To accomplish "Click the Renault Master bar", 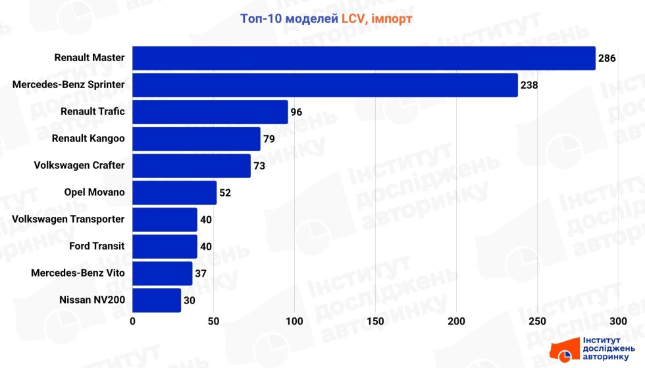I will click(x=363, y=58).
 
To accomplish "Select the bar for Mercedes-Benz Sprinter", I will click(x=325, y=85).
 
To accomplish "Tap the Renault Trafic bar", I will click(x=210, y=112).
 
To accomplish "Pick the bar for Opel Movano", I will click(x=174, y=193).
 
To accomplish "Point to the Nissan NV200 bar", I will click(x=157, y=300).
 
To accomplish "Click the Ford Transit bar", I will click(x=165, y=246).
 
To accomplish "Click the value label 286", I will click(x=607, y=58).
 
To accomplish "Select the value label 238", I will click(x=529, y=85).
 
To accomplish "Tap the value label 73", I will click(x=259, y=166).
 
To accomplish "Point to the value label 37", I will click(x=201, y=273).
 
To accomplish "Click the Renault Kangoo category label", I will click(x=88, y=139).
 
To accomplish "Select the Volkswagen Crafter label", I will click(x=79, y=166).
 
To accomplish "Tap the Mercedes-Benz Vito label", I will click(x=78, y=273).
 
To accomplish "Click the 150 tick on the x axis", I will click(x=375, y=321).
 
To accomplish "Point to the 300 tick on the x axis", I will click(x=618, y=321).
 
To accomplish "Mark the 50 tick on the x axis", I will click(x=213, y=321).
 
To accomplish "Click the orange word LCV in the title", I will click(x=354, y=19).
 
